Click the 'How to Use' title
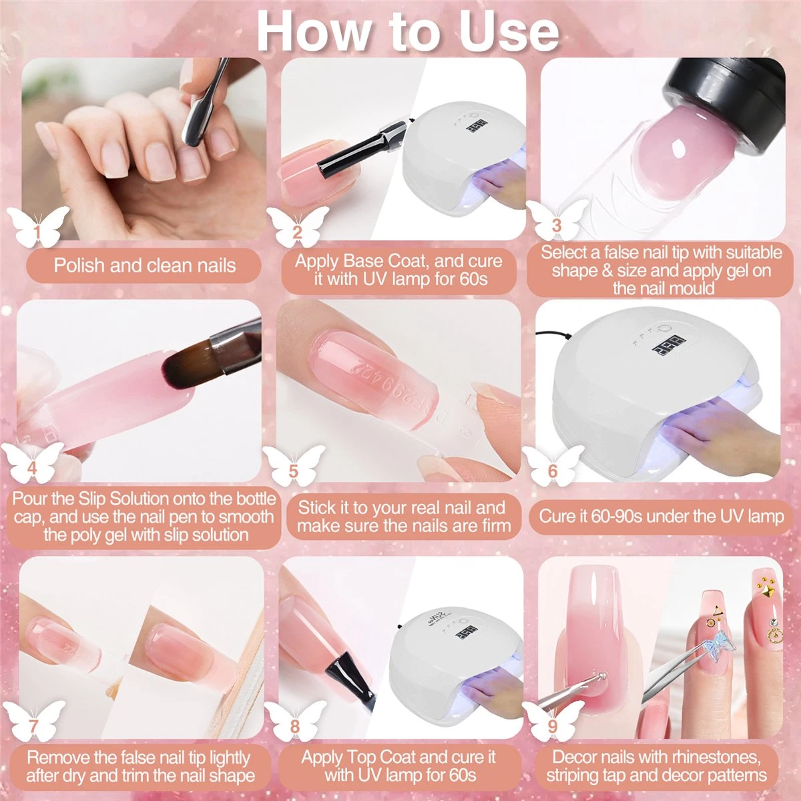pyautogui.click(x=407, y=30)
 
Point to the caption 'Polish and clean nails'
pyautogui.click(x=145, y=265)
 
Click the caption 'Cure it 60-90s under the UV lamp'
pyautogui.click(x=661, y=516)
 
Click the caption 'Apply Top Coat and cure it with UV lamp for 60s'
pyautogui.click(x=399, y=766)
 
